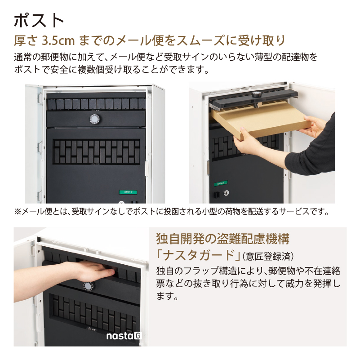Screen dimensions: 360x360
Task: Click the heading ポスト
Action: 39,20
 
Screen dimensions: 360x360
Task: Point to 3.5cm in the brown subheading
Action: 58,41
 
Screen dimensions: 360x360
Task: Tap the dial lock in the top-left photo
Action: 94,120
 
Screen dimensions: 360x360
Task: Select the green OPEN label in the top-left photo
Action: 128,192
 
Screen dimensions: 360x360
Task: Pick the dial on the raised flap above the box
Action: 256,94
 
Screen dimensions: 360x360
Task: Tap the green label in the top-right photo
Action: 221,183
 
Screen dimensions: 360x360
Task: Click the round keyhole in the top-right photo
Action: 226,193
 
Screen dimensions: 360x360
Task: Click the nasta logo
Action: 124,336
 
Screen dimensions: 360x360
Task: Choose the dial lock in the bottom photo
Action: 88,286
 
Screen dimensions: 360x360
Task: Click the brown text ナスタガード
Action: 199,255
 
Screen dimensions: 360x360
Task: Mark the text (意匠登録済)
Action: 268,257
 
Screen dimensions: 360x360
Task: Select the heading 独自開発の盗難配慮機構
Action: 222,239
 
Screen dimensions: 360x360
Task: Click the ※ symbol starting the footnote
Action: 18,211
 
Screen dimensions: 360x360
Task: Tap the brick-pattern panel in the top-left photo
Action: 96,151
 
